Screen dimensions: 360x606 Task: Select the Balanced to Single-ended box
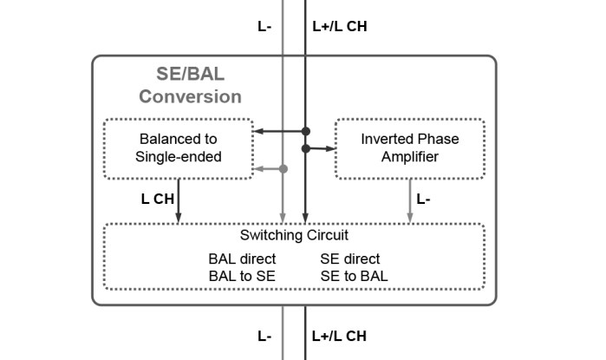coord(179,148)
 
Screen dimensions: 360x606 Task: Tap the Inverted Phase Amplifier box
coord(410,148)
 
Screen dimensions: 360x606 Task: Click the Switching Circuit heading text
coord(294,235)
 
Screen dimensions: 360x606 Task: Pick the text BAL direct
coord(242,259)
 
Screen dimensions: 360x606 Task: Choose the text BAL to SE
coord(242,276)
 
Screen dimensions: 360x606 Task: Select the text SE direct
coord(350,259)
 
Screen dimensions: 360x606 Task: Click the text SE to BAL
coord(355,276)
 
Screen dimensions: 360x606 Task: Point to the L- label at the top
coord(264,26)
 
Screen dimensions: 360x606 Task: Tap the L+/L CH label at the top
coord(339,26)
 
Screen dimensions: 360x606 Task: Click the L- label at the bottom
coord(264,336)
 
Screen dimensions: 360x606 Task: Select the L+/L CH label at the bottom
coord(339,336)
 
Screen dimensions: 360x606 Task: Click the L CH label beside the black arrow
coord(158,199)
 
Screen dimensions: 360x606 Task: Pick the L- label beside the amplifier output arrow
coord(424,199)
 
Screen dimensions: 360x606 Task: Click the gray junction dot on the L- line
coord(283,168)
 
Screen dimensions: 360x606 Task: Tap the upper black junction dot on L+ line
coord(305,132)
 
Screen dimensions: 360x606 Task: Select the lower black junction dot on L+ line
coord(305,148)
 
